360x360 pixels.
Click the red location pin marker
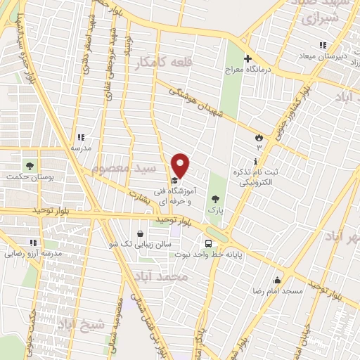click(x=181, y=165)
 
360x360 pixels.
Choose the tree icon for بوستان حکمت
click(x=30, y=167)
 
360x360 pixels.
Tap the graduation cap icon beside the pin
click(x=174, y=180)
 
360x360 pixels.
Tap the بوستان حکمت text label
click(x=30, y=179)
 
